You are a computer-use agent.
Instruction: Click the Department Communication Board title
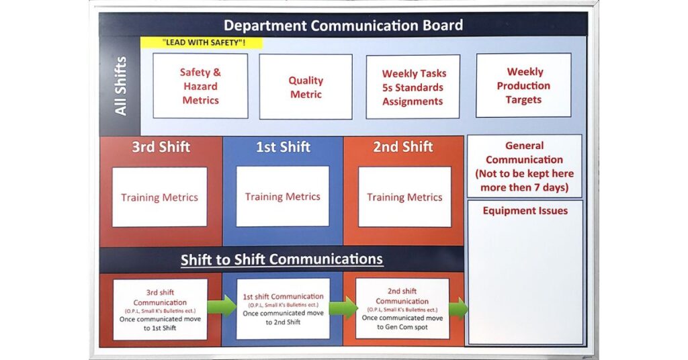343,26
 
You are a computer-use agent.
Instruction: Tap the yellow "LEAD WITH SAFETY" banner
201,42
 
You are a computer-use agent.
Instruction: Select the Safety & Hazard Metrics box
200,86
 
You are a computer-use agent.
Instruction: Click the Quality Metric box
306,87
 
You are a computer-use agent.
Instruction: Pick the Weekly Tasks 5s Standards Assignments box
413,87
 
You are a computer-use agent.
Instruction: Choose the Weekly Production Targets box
523,85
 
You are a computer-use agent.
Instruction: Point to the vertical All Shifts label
120,85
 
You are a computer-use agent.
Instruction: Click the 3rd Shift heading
161,147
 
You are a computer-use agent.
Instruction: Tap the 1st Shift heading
283,147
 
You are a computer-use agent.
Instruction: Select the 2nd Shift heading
403,147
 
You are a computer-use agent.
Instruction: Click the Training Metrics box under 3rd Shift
159,197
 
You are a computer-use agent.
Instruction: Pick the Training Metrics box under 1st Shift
282,196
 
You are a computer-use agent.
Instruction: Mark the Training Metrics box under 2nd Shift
404,197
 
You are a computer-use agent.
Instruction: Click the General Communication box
524,166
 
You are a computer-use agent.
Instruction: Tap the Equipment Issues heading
525,211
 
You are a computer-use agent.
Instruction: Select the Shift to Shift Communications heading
282,259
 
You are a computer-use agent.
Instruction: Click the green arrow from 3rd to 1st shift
222,306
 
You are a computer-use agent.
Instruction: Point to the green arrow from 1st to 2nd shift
343,307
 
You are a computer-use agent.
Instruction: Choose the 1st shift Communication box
282,308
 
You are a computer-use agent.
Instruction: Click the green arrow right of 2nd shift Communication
458,308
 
